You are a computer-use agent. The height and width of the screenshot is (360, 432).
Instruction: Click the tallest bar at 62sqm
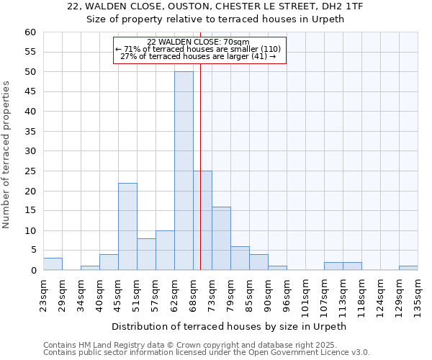click(184, 171)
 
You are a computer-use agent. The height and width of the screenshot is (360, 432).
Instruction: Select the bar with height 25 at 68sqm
click(202, 220)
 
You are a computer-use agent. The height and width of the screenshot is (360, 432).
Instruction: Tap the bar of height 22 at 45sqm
click(127, 227)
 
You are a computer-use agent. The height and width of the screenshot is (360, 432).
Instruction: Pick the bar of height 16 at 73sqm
click(221, 238)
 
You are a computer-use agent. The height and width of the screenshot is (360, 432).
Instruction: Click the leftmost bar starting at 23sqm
click(53, 264)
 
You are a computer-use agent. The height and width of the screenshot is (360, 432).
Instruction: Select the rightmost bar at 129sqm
click(408, 268)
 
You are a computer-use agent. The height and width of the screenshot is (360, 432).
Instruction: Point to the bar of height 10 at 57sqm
click(165, 251)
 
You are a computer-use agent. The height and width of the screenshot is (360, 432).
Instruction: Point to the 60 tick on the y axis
click(30, 32)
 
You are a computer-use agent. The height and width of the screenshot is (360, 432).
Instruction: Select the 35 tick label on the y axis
click(30, 132)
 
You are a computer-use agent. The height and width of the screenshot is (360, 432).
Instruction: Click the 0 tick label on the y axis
click(33, 271)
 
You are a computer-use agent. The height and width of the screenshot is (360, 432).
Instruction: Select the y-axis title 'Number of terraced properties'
click(6, 154)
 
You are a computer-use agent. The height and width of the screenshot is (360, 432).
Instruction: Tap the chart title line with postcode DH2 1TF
click(215, 6)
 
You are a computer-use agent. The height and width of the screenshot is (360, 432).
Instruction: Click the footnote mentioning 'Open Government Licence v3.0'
click(207, 353)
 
